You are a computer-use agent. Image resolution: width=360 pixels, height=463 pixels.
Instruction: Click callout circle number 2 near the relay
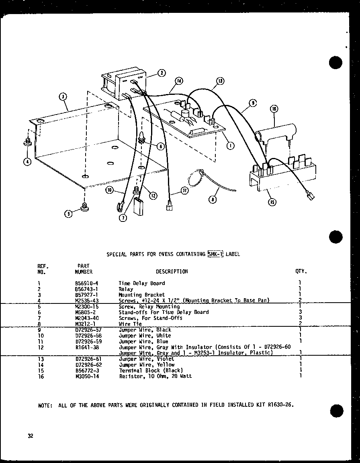pyautogui.click(x=161, y=73)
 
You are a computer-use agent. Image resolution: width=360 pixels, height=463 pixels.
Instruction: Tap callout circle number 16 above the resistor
pyautogui.click(x=274, y=109)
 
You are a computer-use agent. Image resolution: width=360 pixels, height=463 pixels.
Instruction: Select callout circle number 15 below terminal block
pyautogui.click(x=273, y=202)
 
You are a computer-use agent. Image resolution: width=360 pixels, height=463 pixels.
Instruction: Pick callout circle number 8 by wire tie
pyautogui.click(x=213, y=199)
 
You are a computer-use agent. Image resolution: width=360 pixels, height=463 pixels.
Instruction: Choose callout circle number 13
pyautogui.click(x=220, y=81)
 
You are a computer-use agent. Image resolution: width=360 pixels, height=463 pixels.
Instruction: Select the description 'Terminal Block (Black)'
pyautogui.click(x=151, y=370)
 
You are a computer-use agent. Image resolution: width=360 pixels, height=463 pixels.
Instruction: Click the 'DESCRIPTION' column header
pyautogui.click(x=172, y=271)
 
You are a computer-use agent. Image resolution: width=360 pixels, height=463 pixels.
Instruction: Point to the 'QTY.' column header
pyautogui.click(x=301, y=271)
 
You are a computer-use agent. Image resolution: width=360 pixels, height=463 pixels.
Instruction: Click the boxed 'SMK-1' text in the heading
pyautogui.click(x=215, y=254)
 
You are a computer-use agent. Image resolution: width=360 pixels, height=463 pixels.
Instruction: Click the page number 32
pyautogui.click(x=31, y=436)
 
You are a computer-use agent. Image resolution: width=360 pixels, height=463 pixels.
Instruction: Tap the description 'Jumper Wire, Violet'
pyautogui.click(x=146, y=359)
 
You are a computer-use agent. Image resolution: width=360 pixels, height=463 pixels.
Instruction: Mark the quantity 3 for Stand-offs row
pyautogui.click(x=300, y=312)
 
